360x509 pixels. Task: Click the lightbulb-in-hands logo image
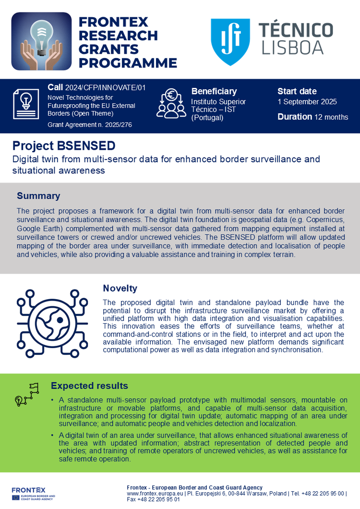tap(41, 42)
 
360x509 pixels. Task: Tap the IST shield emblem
tap(230, 42)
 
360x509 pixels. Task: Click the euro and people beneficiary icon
tap(171, 103)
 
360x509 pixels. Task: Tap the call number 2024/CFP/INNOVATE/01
tap(105, 87)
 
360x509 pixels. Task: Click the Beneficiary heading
tap(214, 91)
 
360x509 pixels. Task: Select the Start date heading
tap(297, 91)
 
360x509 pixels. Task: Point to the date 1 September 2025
tap(307, 102)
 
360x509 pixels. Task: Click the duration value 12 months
tap(331, 117)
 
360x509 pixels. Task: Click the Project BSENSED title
tap(64, 145)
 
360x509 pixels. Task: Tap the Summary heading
tap(38, 196)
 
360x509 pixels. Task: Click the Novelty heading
tap(120, 288)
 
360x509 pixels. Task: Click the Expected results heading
tap(89, 386)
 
